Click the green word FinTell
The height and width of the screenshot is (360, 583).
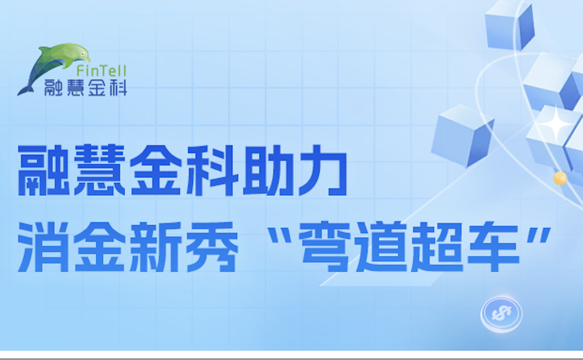(x=101, y=71)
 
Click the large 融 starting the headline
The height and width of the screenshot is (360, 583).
(x=44, y=170)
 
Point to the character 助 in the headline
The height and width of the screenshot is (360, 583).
(x=268, y=170)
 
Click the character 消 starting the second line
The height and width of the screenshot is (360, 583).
(x=44, y=247)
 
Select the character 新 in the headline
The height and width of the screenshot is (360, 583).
(x=156, y=247)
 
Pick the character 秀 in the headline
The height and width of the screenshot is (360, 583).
(x=212, y=247)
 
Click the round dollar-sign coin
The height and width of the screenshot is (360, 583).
(x=501, y=314)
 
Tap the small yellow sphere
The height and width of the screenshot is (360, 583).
(x=560, y=178)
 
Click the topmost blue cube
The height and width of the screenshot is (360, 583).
(x=509, y=25)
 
